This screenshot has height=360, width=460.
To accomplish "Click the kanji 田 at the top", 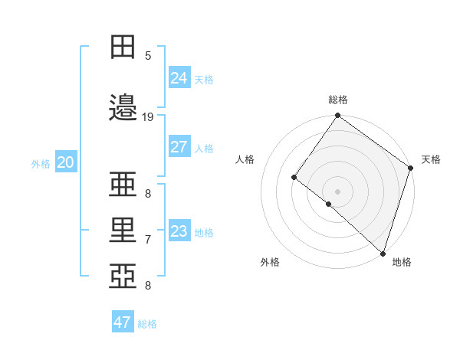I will [x=123, y=46].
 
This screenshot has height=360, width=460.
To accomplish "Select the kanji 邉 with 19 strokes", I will [x=123, y=106].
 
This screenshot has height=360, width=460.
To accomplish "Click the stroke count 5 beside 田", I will [x=148, y=55].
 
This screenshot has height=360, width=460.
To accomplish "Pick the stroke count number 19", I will [x=148, y=116].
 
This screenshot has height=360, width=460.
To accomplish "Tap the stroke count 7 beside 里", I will [x=148, y=240].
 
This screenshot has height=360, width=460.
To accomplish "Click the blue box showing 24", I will [x=179, y=77].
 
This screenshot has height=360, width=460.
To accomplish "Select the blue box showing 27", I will [x=179, y=147].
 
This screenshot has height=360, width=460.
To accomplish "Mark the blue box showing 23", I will [x=179, y=231].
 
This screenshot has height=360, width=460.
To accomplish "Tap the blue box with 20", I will [x=65, y=162].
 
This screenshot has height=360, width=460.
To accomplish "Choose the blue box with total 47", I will [x=123, y=322].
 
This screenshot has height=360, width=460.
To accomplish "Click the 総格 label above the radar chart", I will [x=338, y=100].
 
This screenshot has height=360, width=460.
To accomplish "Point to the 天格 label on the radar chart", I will [x=431, y=159].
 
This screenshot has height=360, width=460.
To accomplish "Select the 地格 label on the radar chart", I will [x=402, y=262].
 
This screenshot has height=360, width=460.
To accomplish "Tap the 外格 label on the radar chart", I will [x=270, y=262].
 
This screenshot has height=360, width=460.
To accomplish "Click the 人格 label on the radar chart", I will [x=245, y=159].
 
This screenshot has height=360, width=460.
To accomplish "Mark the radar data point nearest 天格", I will [x=411, y=168].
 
